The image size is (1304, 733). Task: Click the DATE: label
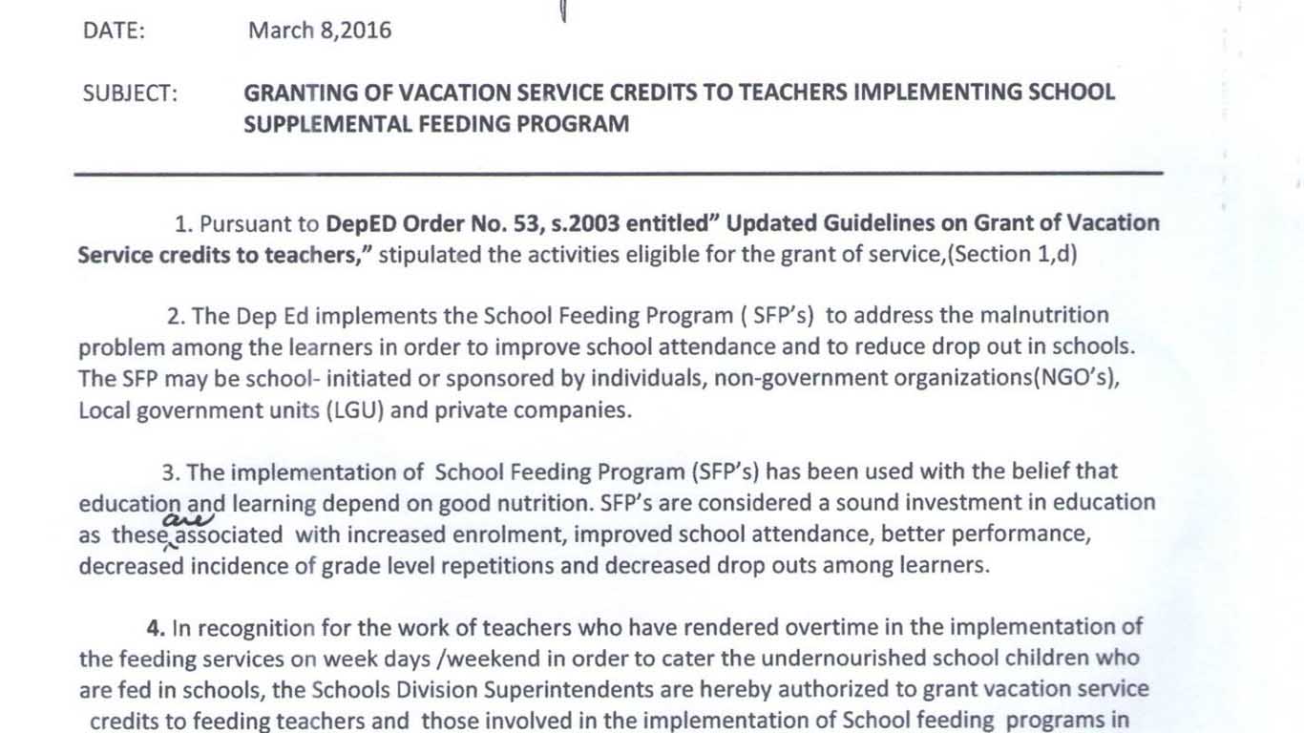114,31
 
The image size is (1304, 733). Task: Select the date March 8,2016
320,31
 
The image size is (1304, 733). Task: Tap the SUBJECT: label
130,94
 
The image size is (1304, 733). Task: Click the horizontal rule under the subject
619,174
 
